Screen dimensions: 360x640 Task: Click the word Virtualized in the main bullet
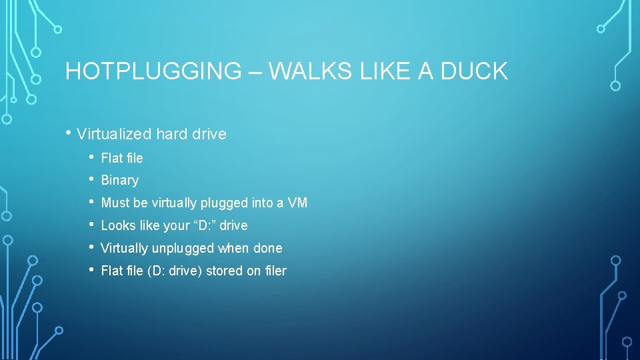[114, 134]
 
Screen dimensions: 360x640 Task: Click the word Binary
[119, 180]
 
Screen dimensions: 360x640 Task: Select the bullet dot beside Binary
[91, 179]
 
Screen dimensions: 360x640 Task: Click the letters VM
[297, 203]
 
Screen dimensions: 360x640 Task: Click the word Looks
[117, 225]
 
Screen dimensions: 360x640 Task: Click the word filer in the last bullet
[274, 271]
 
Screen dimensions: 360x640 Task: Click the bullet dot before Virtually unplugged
[91, 247]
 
